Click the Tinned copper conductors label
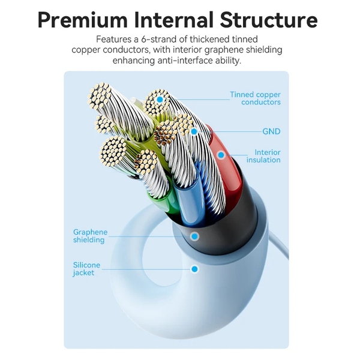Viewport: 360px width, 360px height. click(x=256, y=98)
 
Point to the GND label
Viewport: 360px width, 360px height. click(x=271, y=131)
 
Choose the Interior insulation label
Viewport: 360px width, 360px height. click(x=264, y=156)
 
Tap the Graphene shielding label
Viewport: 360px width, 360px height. click(x=89, y=236)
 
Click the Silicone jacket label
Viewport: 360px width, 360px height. click(x=86, y=269)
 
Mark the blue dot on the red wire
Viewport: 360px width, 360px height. click(x=221, y=155)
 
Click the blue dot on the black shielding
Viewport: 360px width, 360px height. click(x=194, y=236)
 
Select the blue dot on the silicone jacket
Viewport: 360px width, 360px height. click(x=194, y=269)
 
